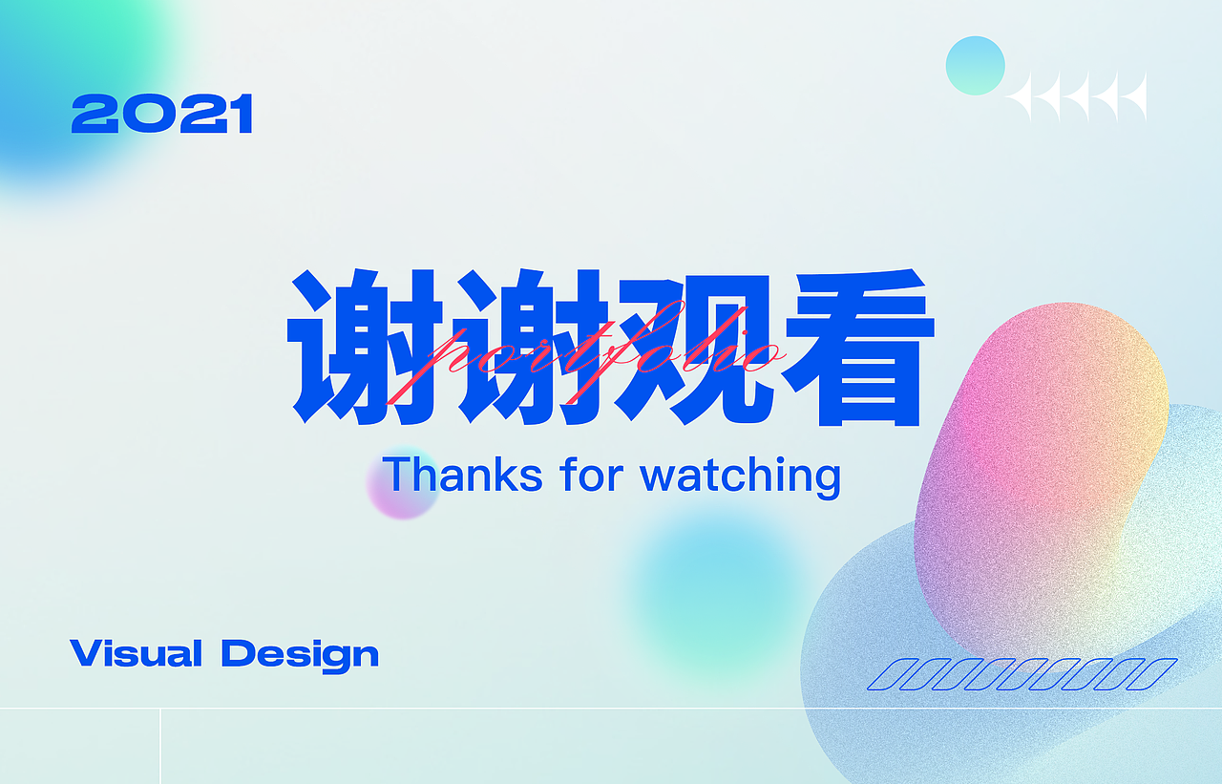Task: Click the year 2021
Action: [161, 114]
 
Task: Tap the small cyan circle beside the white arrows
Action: [975, 65]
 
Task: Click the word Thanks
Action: [462, 474]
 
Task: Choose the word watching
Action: [740, 476]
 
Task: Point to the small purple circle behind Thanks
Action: [402, 486]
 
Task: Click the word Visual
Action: [136, 654]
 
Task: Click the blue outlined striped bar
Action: [1022, 673]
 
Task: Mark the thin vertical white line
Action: [160, 745]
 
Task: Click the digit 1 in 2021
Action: [242, 114]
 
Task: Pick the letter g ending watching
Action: [829, 478]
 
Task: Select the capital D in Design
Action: [237, 654]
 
